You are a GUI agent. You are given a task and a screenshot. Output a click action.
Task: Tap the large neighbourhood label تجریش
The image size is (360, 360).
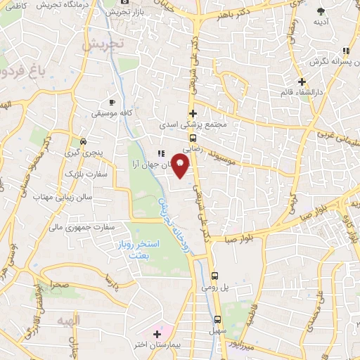(x=103, y=44)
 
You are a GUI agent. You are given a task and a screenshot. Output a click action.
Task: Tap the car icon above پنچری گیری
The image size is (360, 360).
(x=84, y=140)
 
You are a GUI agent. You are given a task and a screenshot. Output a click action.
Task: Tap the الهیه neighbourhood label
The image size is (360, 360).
(x=70, y=320)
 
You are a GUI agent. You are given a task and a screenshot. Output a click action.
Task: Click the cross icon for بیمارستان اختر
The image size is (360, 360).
(x=157, y=333)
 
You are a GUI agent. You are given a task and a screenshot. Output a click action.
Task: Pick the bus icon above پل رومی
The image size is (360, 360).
(x=215, y=276)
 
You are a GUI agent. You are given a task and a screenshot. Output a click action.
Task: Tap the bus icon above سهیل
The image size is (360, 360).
(x=217, y=317)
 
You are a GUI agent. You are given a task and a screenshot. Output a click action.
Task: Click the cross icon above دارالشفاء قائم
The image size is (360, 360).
(x=301, y=82)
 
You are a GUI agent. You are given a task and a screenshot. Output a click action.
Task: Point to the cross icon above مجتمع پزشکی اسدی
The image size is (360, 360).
(x=192, y=112)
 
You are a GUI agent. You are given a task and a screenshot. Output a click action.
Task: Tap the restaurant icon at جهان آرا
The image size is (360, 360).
(x=161, y=153)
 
